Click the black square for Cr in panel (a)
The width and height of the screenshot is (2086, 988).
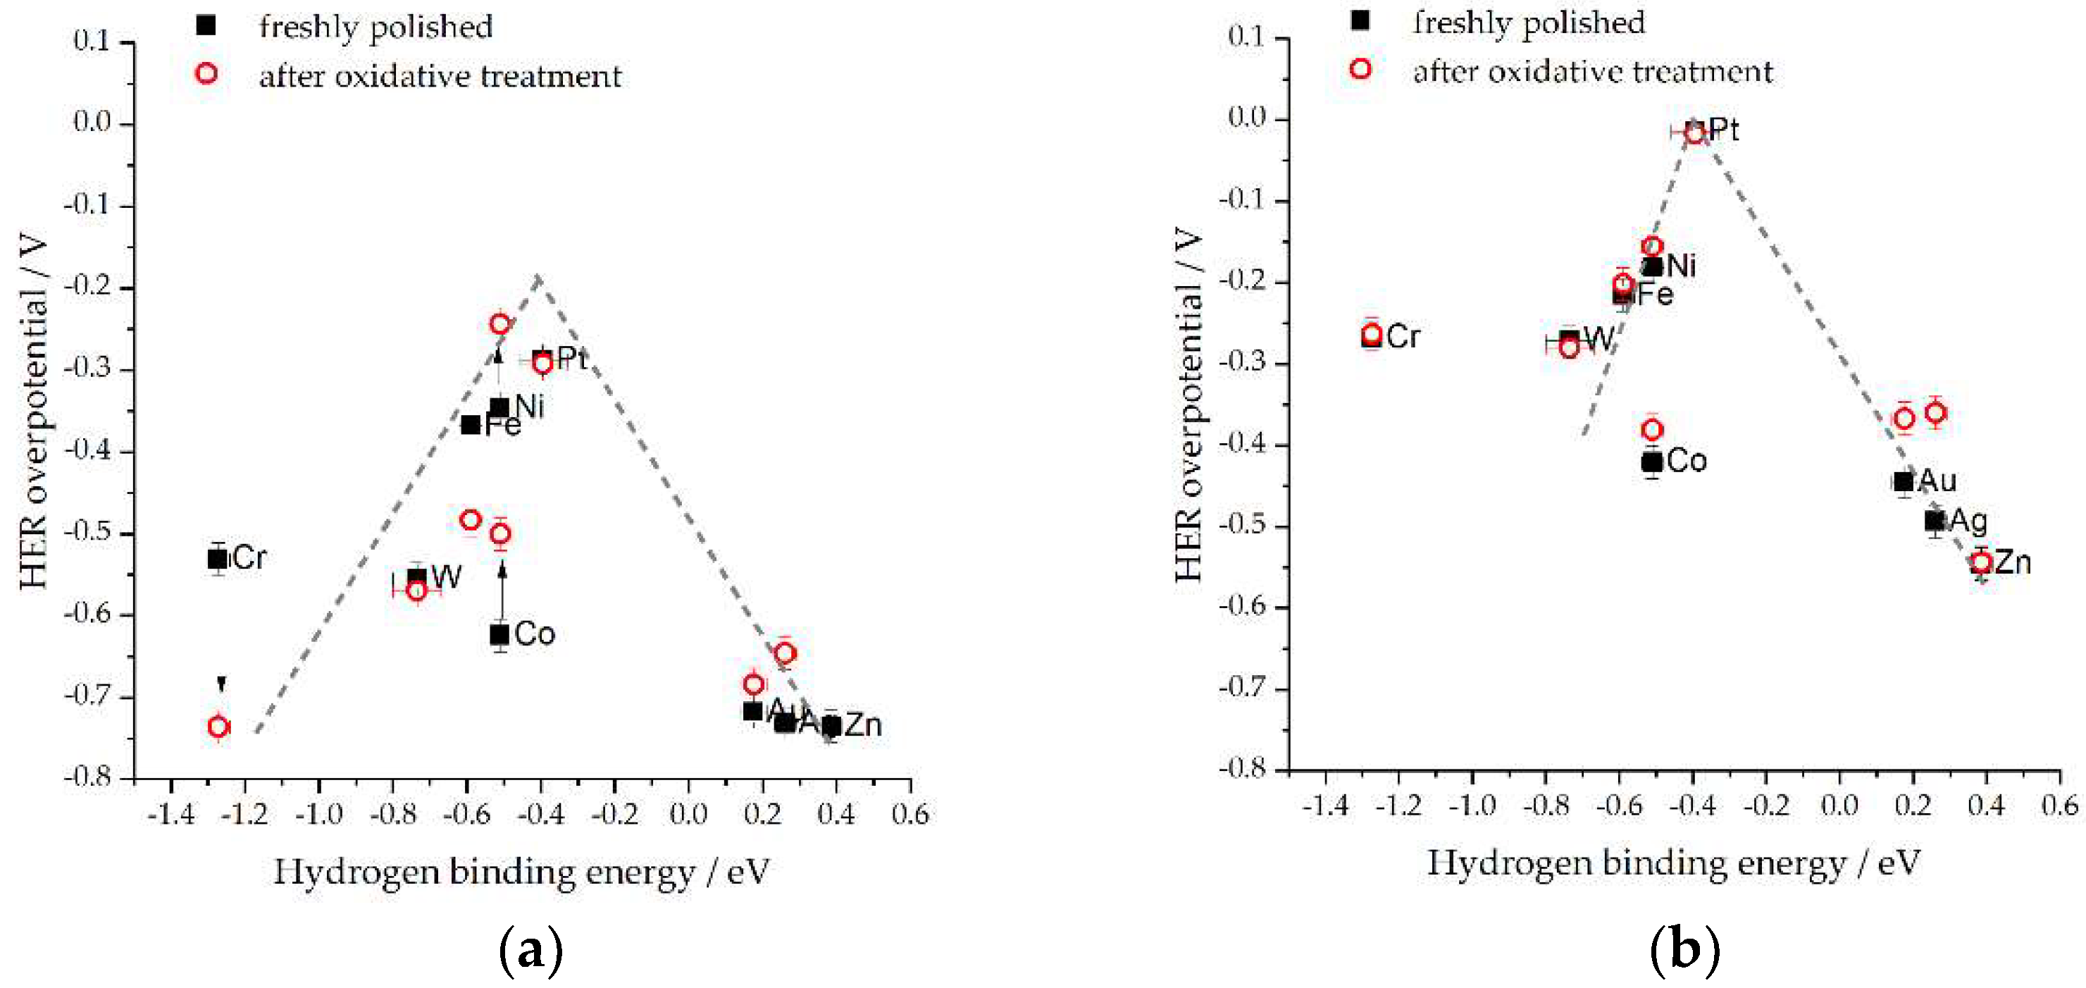click(x=217, y=558)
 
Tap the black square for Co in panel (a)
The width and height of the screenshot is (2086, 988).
click(x=499, y=634)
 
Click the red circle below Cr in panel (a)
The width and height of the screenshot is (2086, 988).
click(x=218, y=727)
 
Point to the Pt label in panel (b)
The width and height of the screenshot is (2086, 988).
click(x=1722, y=130)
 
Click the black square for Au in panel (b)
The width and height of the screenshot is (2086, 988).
click(x=1903, y=482)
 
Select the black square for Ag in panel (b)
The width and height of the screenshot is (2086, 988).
click(x=1935, y=521)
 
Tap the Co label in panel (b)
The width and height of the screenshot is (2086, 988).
click(x=1687, y=461)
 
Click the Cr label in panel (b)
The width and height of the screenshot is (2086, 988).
click(x=1403, y=336)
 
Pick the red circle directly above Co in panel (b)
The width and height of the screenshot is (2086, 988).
click(x=1652, y=429)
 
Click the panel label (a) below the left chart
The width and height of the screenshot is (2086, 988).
click(x=530, y=949)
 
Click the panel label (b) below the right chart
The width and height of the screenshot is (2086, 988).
click(x=1684, y=949)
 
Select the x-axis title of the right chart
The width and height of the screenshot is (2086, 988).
click(x=1673, y=863)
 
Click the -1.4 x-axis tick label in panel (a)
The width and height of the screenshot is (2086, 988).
click(x=171, y=813)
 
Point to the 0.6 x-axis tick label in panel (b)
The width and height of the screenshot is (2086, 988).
click(x=2059, y=805)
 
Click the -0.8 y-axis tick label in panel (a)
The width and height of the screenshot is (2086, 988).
click(x=88, y=777)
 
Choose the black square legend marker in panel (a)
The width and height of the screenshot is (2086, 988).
click(x=206, y=25)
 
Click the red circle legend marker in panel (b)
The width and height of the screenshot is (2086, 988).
click(x=1360, y=69)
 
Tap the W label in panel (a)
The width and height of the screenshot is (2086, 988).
click(x=446, y=577)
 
